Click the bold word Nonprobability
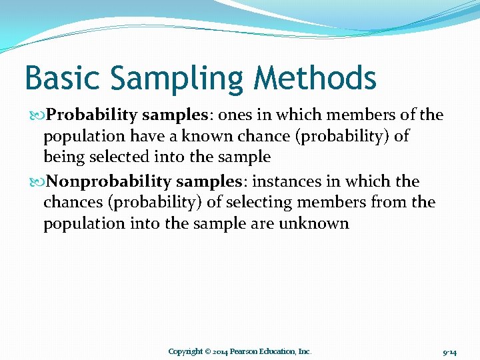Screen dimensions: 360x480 [x=109, y=181]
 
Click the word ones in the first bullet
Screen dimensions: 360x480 [x=235, y=115]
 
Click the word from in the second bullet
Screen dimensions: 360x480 [x=388, y=202]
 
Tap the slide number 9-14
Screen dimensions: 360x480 [x=449, y=351]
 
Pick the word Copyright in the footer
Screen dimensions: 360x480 [x=185, y=351]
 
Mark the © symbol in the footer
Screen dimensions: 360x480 [x=207, y=351]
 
